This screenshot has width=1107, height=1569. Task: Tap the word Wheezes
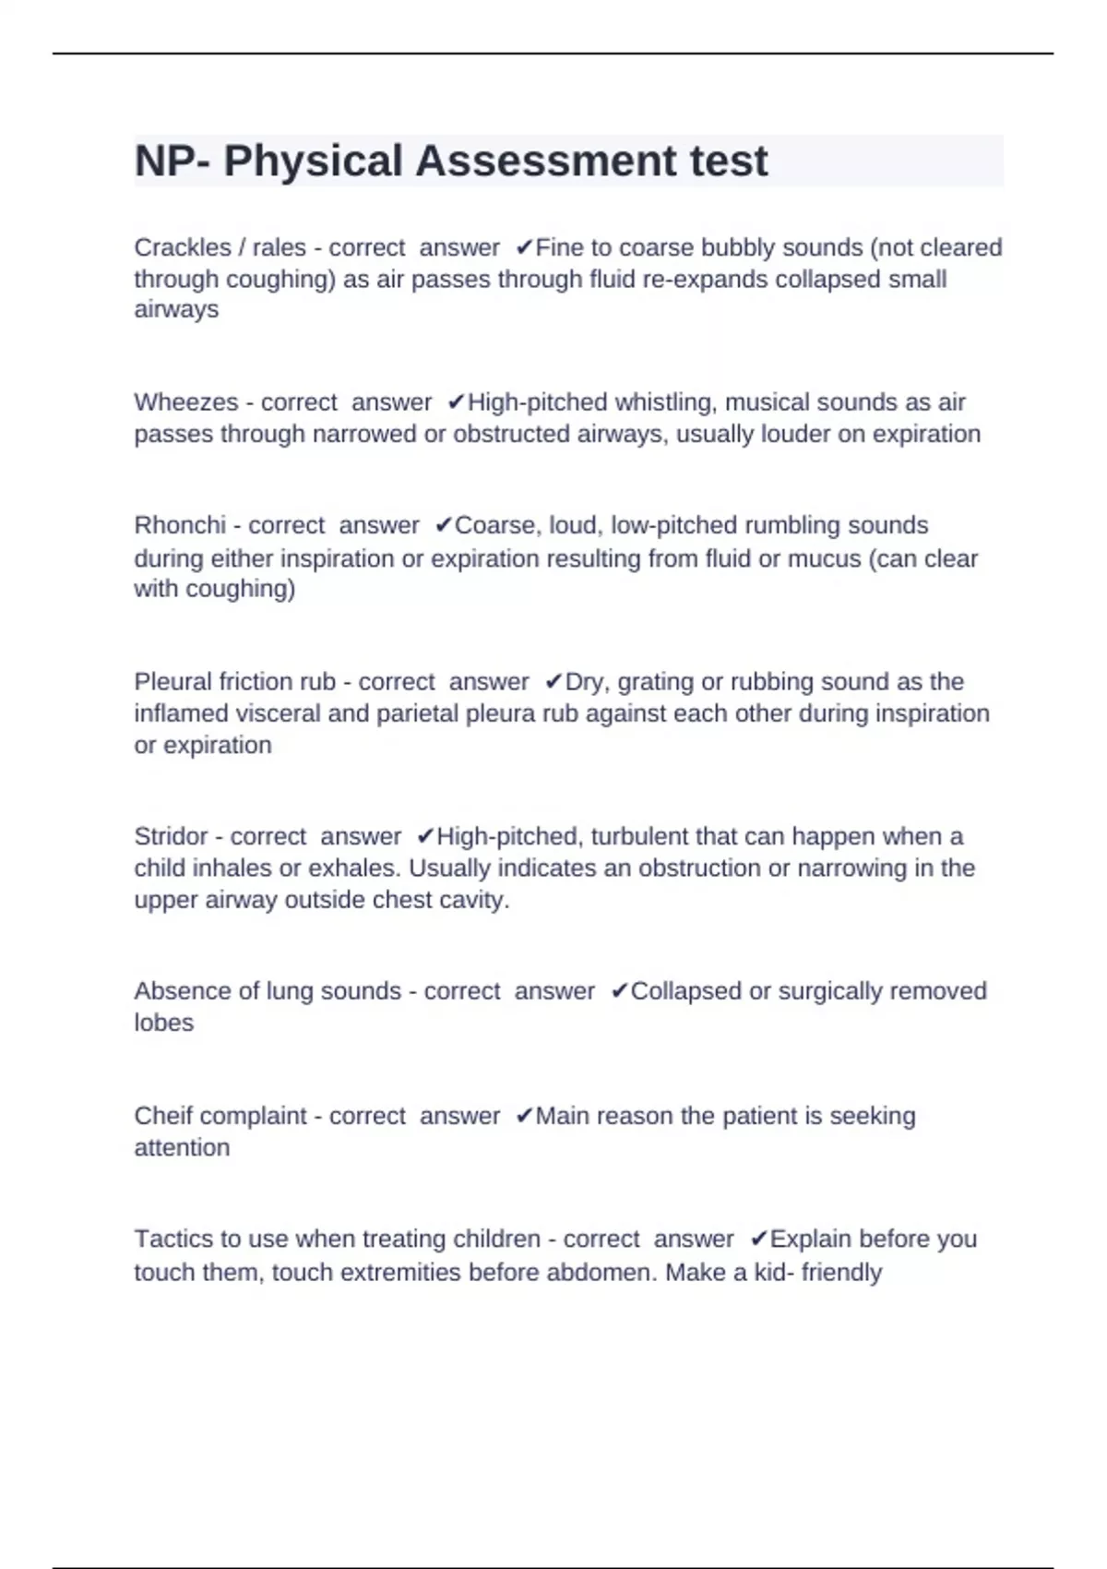point(185,402)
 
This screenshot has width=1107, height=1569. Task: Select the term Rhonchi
point(180,525)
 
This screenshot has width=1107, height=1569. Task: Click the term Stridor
point(171,836)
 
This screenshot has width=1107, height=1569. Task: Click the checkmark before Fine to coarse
point(524,247)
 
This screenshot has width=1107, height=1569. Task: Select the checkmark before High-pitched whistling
point(456,402)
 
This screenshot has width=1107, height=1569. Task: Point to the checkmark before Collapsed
point(619,991)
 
